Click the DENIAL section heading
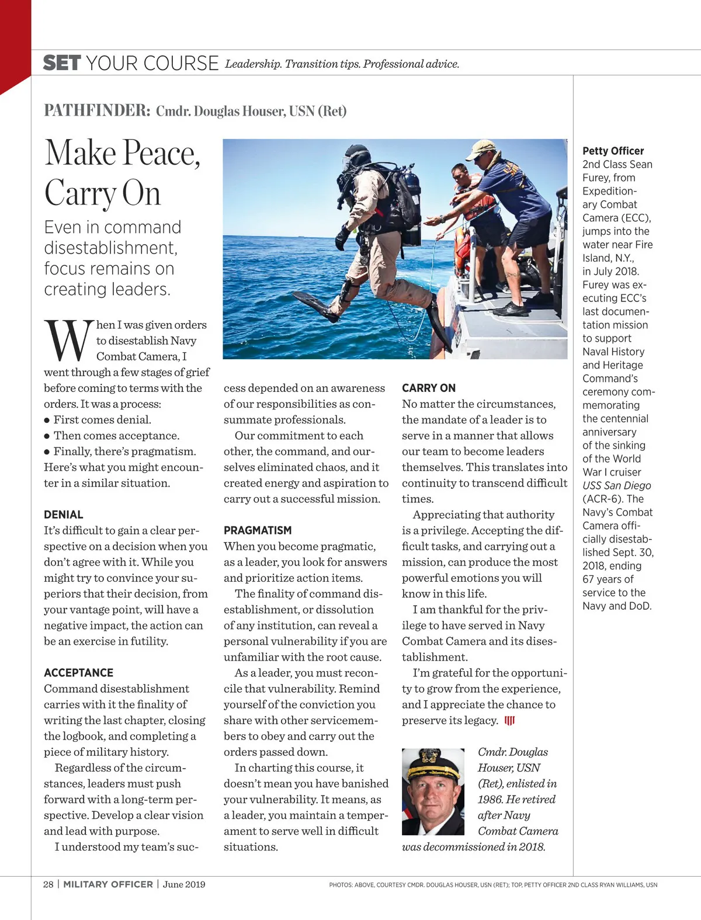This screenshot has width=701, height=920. point(64,515)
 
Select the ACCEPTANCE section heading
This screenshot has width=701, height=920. point(79,673)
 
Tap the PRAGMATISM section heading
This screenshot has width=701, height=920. point(258,530)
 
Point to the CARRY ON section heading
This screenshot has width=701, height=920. point(429,388)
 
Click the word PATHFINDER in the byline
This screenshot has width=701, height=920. point(97,110)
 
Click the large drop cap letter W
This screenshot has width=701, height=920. point(68,341)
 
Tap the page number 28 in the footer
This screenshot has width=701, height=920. point(48,884)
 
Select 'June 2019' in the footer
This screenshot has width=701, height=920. point(184,884)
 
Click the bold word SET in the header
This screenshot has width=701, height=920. point(61,63)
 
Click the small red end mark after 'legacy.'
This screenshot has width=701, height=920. point(509,721)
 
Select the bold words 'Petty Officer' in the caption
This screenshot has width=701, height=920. point(613,151)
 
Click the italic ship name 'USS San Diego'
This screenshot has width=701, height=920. point(616,485)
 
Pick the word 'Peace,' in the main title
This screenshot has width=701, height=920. point(161,154)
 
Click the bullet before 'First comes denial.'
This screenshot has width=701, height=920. point(47,420)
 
